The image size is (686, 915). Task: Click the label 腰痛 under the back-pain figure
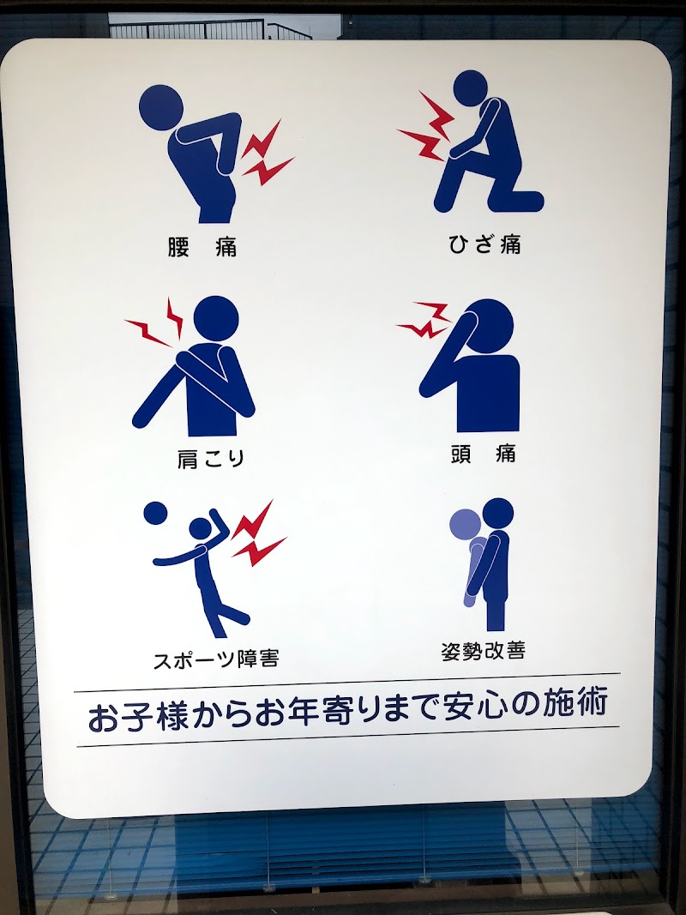pyautogui.click(x=202, y=248)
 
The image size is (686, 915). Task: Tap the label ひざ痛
pyautogui.click(x=484, y=244)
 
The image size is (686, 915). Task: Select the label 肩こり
pyautogui.click(x=211, y=458)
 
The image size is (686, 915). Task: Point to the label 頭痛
pyautogui.click(x=484, y=454)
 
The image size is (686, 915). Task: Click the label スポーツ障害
pyautogui.click(x=215, y=659)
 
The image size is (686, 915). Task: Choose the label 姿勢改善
pyautogui.click(x=483, y=650)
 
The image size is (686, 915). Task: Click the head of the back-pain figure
pyautogui.click(x=161, y=106)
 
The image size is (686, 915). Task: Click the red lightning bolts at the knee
pyautogui.click(x=426, y=129)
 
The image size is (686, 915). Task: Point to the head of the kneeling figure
pyautogui.click(x=470, y=87)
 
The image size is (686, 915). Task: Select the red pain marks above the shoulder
pyautogui.click(x=158, y=324)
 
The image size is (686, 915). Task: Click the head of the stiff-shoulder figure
pyautogui.click(x=215, y=317)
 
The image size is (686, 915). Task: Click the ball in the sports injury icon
pyautogui.click(x=155, y=513)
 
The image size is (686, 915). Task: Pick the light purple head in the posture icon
pyautogui.click(x=464, y=525)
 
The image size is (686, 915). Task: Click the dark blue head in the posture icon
pyautogui.click(x=497, y=513)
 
